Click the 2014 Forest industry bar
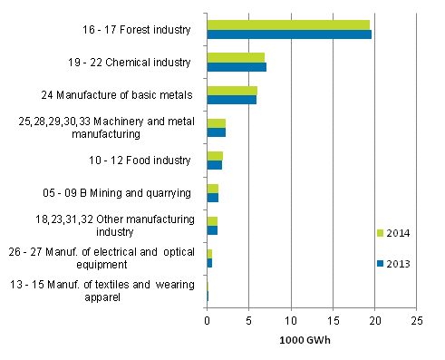288,24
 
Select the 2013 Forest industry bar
289,34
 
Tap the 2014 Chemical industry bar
236,57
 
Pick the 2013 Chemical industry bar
237,67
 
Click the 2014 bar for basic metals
232,91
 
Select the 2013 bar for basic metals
231,100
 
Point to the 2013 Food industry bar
214,165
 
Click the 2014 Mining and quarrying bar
212,188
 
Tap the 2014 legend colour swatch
381,233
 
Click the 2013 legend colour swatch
381,264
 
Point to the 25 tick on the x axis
416,320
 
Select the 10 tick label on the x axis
290,320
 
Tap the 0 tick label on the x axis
207,320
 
